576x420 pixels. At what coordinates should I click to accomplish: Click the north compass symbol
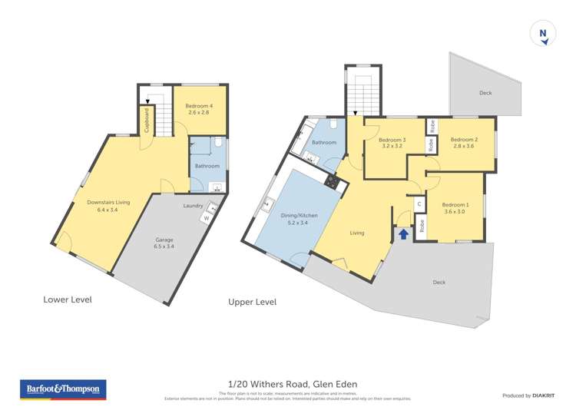[x=543, y=34]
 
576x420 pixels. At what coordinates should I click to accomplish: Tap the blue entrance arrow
[x=403, y=233]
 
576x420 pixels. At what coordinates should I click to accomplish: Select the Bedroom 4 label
[x=200, y=108]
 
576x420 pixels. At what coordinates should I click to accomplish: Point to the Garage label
[x=165, y=243]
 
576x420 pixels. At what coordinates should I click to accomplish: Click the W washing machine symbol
[x=205, y=219]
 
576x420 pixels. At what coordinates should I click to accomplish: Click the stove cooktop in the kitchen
[x=332, y=182]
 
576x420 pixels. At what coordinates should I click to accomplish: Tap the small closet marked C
[x=419, y=204]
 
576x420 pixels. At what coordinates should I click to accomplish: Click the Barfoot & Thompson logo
[x=62, y=390]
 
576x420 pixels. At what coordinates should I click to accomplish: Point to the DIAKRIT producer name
[x=542, y=395]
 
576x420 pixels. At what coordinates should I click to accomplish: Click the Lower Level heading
[x=67, y=299]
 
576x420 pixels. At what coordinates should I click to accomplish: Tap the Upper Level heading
[x=252, y=302]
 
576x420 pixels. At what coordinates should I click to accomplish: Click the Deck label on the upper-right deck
[x=485, y=93]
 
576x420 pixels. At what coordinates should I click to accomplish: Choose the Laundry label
[x=193, y=205]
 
